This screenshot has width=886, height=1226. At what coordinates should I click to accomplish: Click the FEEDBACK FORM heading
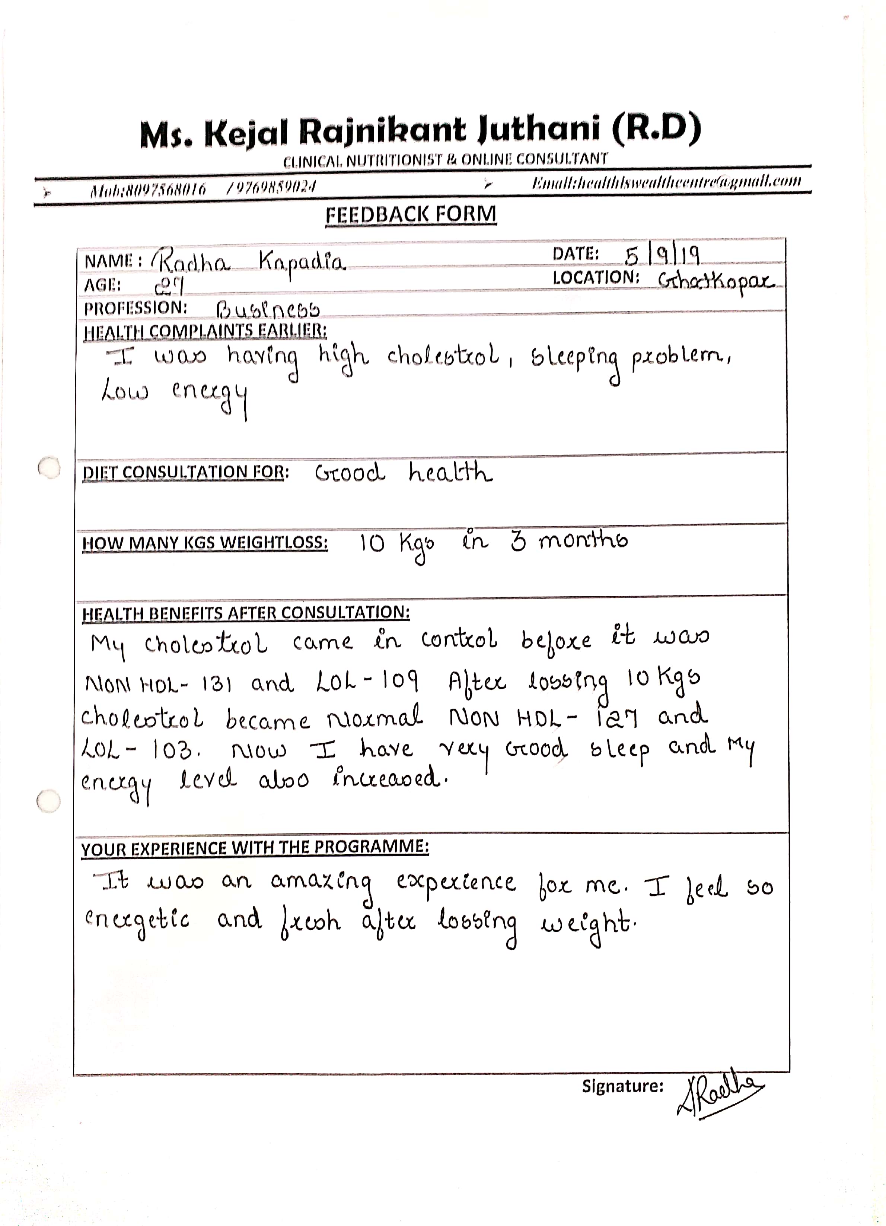tap(411, 214)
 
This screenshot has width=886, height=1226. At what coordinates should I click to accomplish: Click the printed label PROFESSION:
tap(136, 308)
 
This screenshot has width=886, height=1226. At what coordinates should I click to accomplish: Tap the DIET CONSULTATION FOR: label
tap(185, 472)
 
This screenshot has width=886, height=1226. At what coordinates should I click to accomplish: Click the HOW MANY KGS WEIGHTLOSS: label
tap(205, 542)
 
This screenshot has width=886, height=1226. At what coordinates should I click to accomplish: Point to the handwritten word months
tap(583, 540)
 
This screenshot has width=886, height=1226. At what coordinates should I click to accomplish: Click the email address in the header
tap(666, 182)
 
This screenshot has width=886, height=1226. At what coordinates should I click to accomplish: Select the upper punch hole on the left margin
tap(50, 468)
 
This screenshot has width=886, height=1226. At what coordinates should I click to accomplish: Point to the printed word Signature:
tap(622, 1086)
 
